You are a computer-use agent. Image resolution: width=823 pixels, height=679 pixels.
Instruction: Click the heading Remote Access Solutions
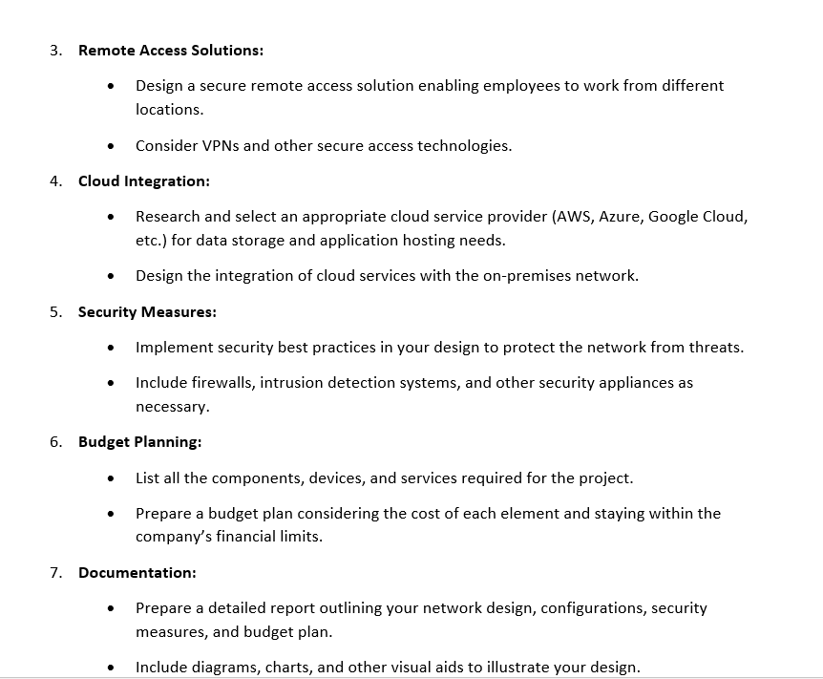click(x=171, y=50)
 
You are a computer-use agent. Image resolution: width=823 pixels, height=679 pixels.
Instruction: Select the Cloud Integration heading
click(x=143, y=180)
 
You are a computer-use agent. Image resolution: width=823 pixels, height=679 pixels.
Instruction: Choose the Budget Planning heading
click(x=139, y=441)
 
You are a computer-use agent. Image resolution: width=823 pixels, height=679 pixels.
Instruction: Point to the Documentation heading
click(x=137, y=572)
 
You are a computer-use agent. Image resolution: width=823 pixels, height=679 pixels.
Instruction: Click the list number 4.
click(x=55, y=180)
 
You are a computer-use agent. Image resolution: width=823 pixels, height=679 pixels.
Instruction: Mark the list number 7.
click(x=55, y=572)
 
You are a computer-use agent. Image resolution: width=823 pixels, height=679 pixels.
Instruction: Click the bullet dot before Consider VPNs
click(x=114, y=146)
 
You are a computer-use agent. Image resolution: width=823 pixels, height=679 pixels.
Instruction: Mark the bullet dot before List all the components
click(x=114, y=478)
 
